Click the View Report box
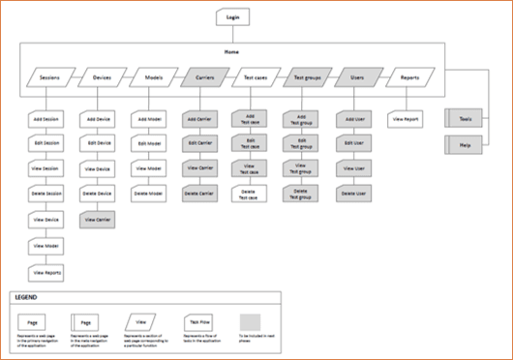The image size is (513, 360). (x=405, y=119)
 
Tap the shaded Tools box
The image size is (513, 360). (x=464, y=119)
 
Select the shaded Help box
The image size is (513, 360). (x=464, y=145)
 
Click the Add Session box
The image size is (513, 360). (x=46, y=119)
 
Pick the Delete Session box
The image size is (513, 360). (x=46, y=195)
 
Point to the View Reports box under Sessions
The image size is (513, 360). (x=46, y=273)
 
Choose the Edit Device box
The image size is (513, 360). (x=99, y=143)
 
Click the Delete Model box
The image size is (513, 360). (x=149, y=194)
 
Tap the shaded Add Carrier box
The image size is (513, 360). (x=199, y=119)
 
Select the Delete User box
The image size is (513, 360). (x=352, y=194)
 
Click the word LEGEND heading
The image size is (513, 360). (x=29, y=298)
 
